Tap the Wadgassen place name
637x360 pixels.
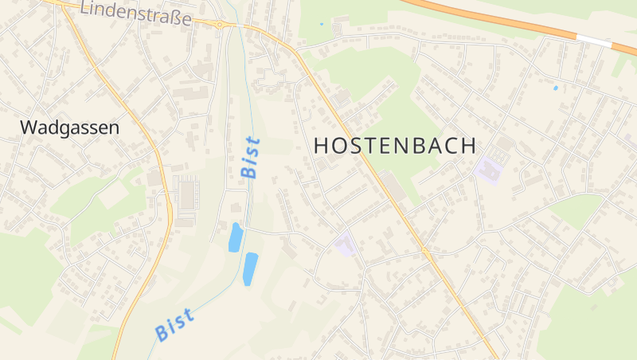click(x=69, y=127)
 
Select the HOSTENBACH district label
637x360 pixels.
click(x=396, y=146)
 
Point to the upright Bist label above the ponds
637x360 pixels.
click(x=250, y=157)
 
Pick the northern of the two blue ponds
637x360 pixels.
click(x=235, y=237)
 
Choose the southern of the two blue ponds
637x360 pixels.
click(x=250, y=268)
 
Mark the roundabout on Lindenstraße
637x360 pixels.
click(x=219, y=25)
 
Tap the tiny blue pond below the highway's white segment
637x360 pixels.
click(x=555, y=87)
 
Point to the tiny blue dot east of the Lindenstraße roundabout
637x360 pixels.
click(x=322, y=24)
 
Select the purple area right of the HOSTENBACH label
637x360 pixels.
click(x=488, y=170)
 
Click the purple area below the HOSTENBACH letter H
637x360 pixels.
click(x=344, y=244)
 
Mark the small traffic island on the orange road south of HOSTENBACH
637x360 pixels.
click(x=425, y=252)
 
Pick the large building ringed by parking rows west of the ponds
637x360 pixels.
click(x=187, y=195)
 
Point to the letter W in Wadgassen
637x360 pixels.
click(x=28, y=127)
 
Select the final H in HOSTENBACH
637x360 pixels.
click(x=467, y=146)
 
